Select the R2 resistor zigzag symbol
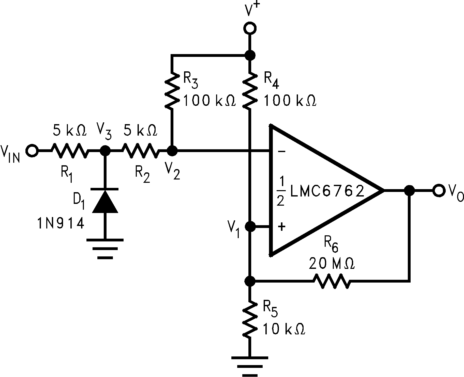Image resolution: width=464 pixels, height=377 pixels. [141, 151]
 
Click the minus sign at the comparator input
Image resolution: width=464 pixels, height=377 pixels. [281, 152]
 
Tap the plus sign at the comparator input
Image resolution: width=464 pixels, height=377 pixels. [281, 226]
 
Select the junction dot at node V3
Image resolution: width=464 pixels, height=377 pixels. [104, 151]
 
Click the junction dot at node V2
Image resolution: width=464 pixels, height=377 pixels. [172, 151]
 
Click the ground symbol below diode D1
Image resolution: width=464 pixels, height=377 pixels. [105, 249]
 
